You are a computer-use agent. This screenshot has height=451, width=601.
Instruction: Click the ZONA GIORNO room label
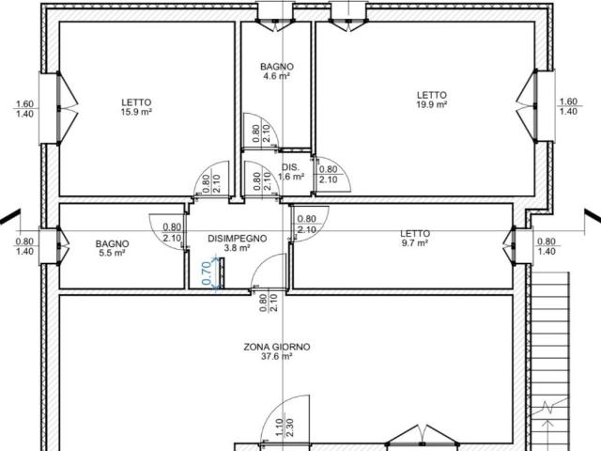click(x=277, y=347)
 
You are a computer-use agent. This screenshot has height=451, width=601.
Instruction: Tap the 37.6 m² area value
click(x=277, y=357)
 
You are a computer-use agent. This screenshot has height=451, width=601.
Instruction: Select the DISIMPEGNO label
click(x=238, y=239)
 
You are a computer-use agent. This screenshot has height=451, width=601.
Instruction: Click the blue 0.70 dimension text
click(x=207, y=272)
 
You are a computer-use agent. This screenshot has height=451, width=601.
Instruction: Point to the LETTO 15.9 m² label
click(x=136, y=107)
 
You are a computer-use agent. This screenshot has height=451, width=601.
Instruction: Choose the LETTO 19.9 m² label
click(x=432, y=100)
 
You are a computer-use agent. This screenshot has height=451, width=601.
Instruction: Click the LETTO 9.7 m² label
click(x=415, y=238)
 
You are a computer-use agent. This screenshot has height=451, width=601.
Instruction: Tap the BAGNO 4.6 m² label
click(x=277, y=71)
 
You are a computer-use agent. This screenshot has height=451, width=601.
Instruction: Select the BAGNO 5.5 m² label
click(x=113, y=248)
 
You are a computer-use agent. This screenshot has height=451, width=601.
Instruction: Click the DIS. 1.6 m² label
click(x=291, y=172)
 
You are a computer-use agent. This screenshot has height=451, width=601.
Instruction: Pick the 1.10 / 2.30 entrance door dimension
click(x=285, y=428)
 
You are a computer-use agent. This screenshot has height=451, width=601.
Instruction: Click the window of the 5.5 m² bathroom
click(x=58, y=246)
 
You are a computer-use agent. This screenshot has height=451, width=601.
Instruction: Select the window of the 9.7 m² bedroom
click(x=514, y=246)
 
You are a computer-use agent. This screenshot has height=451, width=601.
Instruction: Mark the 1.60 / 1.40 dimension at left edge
click(x=25, y=109)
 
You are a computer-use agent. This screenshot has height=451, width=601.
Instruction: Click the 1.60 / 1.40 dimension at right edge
click(x=569, y=106)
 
